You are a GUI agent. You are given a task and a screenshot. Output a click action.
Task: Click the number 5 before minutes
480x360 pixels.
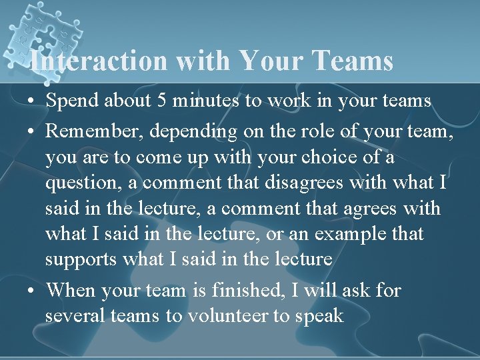point(162,101)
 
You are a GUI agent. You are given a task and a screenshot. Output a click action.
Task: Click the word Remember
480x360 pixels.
point(94,131)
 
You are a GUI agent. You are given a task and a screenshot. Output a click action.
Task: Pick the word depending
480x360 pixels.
point(193,132)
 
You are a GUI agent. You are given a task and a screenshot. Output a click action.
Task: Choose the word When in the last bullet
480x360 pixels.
point(71,290)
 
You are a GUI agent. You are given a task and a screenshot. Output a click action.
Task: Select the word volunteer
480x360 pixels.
point(226,315)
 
